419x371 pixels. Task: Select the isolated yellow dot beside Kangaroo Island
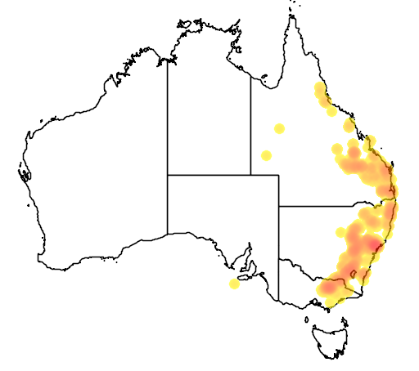tap(235, 284)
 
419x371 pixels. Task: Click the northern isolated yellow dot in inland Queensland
tap(279, 128)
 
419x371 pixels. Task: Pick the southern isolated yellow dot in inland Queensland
tap(266, 155)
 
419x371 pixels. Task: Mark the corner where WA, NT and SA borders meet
tap(168, 174)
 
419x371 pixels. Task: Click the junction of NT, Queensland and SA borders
tap(250, 174)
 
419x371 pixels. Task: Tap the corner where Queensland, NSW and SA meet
tap(278, 206)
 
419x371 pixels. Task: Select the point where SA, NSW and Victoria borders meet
tap(278, 259)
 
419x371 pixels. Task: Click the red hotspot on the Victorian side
tap(331, 288)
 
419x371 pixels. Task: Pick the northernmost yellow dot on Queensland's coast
tap(318, 87)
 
